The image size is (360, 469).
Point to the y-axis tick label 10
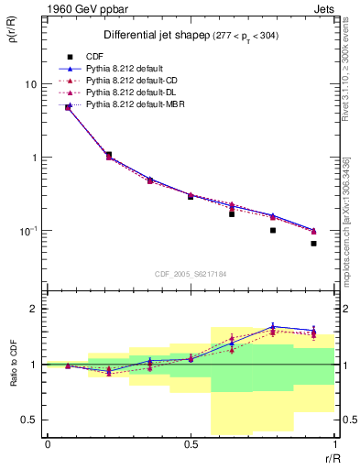click(x=29, y=84)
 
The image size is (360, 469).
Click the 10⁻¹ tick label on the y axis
click(x=27, y=231)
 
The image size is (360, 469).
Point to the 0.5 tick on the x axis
click(x=191, y=443)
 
